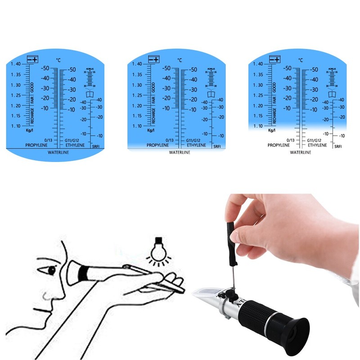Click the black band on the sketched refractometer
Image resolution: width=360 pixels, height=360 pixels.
pyautogui.click(x=83, y=272)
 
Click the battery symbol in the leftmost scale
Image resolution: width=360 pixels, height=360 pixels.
pyautogui.click(x=32, y=59)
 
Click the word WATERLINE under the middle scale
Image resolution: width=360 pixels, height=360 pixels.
pyautogui.click(x=180, y=153)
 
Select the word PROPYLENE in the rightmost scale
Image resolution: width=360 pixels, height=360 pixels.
pyautogui.click(x=279, y=145)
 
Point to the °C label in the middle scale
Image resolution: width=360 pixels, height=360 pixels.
pyautogui.click(x=180, y=60)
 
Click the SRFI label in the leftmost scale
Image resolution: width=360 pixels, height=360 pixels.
pyautogui.click(x=96, y=146)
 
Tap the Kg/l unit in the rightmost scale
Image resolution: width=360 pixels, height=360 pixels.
pyautogui.click(x=271, y=130)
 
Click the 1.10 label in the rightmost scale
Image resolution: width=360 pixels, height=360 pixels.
pyautogui.click(x=258, y=126)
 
